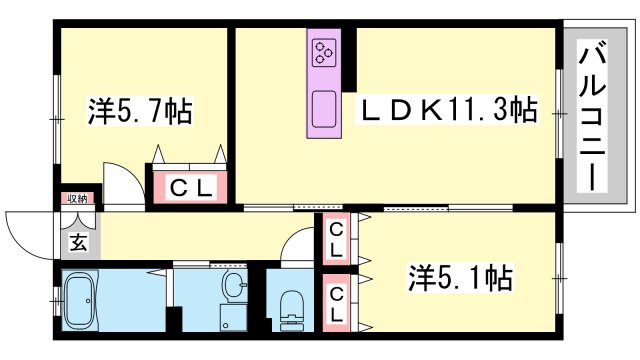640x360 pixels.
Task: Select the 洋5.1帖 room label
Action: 461,275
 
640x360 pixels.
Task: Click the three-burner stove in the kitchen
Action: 325,52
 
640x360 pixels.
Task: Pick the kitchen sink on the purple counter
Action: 324,107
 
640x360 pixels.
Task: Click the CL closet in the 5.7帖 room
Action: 190,187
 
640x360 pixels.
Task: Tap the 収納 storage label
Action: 77,200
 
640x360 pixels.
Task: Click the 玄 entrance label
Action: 77,241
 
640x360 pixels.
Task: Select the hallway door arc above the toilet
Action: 298,245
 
